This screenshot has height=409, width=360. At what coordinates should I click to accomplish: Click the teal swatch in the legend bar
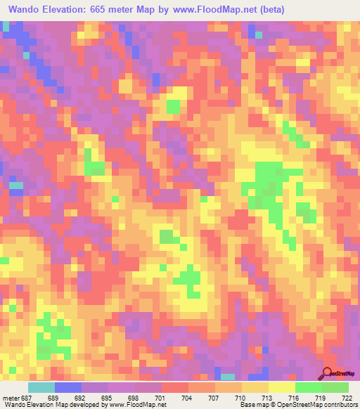41,387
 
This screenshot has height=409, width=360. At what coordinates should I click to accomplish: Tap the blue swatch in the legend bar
68,387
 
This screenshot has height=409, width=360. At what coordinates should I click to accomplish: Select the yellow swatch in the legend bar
281,387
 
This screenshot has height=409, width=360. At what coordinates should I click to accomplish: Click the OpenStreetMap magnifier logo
328,372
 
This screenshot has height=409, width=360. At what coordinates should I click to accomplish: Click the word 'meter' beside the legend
10,398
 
